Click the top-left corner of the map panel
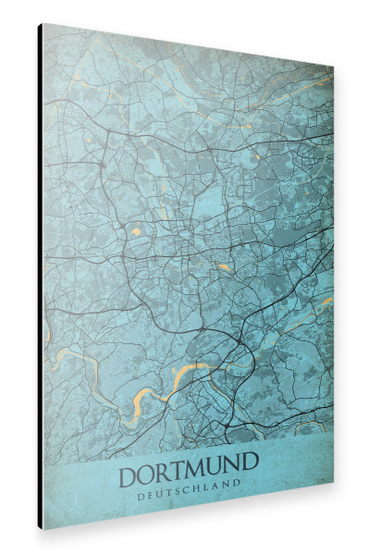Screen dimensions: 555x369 point(43,23)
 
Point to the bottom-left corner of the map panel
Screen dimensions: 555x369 point(43,529)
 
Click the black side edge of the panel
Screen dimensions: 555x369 point(40,277)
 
